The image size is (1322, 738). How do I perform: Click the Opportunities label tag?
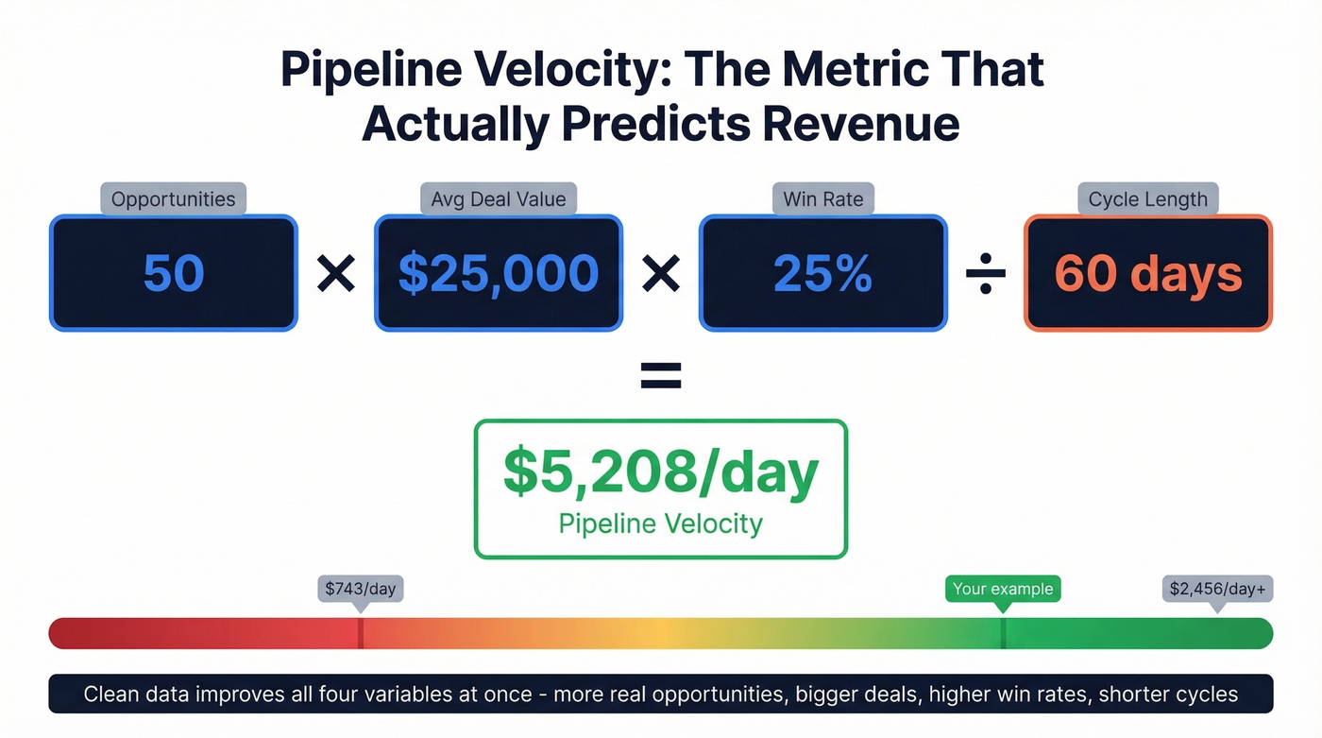point(173,199)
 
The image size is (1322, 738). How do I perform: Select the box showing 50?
point(174,273)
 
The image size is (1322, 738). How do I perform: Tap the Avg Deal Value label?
point(498,199)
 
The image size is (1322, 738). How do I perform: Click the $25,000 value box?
point(499,273)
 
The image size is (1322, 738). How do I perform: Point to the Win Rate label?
point(822,199)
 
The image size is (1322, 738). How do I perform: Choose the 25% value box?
point(822,273)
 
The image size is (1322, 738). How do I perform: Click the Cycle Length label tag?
point(1147,199)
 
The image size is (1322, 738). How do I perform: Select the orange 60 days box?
point(1148,273)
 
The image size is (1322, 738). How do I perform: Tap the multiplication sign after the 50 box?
point(336,274)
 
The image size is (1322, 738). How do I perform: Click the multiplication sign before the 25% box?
point(661,274)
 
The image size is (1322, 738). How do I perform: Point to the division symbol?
point(986,274)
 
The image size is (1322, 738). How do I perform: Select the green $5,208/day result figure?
point(661,472)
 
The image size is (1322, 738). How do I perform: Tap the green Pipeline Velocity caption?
point(661,523)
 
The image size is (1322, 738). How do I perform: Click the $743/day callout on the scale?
point(360,589)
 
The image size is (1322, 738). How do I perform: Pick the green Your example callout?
point(1003,589)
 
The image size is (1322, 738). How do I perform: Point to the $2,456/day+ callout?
point(1216,589)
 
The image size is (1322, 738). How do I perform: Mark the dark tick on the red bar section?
point(360,633)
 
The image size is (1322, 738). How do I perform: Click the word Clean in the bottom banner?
point(113,695)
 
